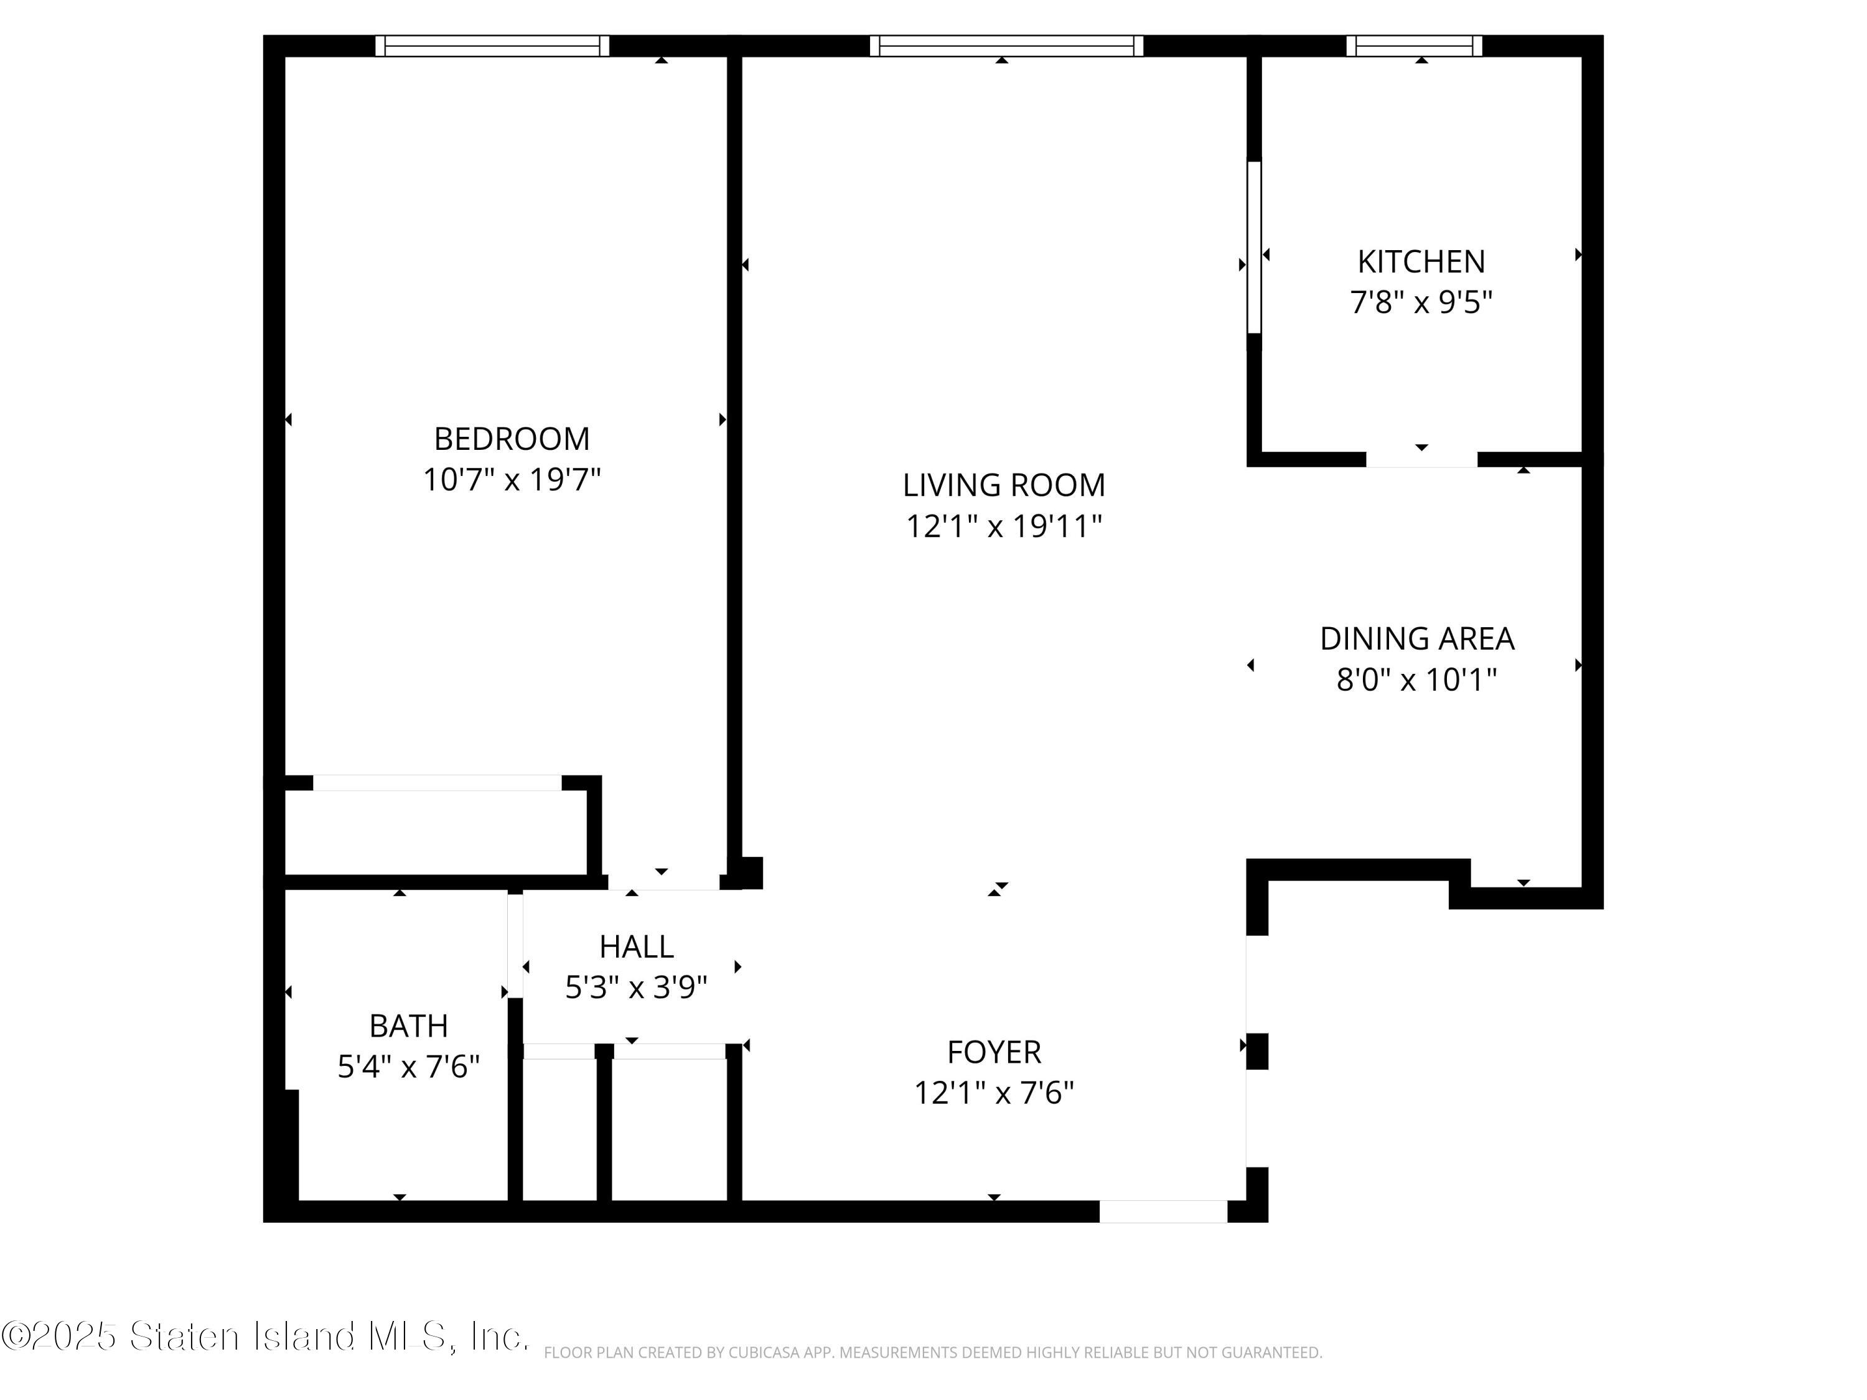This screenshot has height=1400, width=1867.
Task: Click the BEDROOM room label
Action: pyautogui.click(x=512, y=439)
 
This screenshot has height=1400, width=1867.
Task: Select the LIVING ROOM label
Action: pyautogui.click(x=1004, y=485)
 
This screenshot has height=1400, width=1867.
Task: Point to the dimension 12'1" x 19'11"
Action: pyautogui.click(x=1004, y=526)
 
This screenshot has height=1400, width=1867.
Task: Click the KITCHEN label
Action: pyautogui.click(x=1421, y=261)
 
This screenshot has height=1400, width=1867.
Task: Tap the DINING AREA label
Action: pyautogui.click(x=1416, y=639)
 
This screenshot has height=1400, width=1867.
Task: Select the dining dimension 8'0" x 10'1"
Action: pyautogui.click(x=1416, y=679)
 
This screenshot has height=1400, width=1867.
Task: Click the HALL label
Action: pyautogui.click(x=637, y=947)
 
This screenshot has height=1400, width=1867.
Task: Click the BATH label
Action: pyautogui.click(x=408, y=1026)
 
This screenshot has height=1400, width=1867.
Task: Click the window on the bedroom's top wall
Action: pyautogui.click(x=492, y=45)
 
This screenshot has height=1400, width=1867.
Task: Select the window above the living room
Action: pyautogui.click(x=1006, y=45)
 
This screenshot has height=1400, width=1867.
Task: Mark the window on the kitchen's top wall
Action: pyautogui.click(x=1414, y=45)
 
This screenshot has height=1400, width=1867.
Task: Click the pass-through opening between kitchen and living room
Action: pyautogui.click(x=1253, y=246)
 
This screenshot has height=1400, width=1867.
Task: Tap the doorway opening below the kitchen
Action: pyautogui.click(x=1421, y=460)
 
